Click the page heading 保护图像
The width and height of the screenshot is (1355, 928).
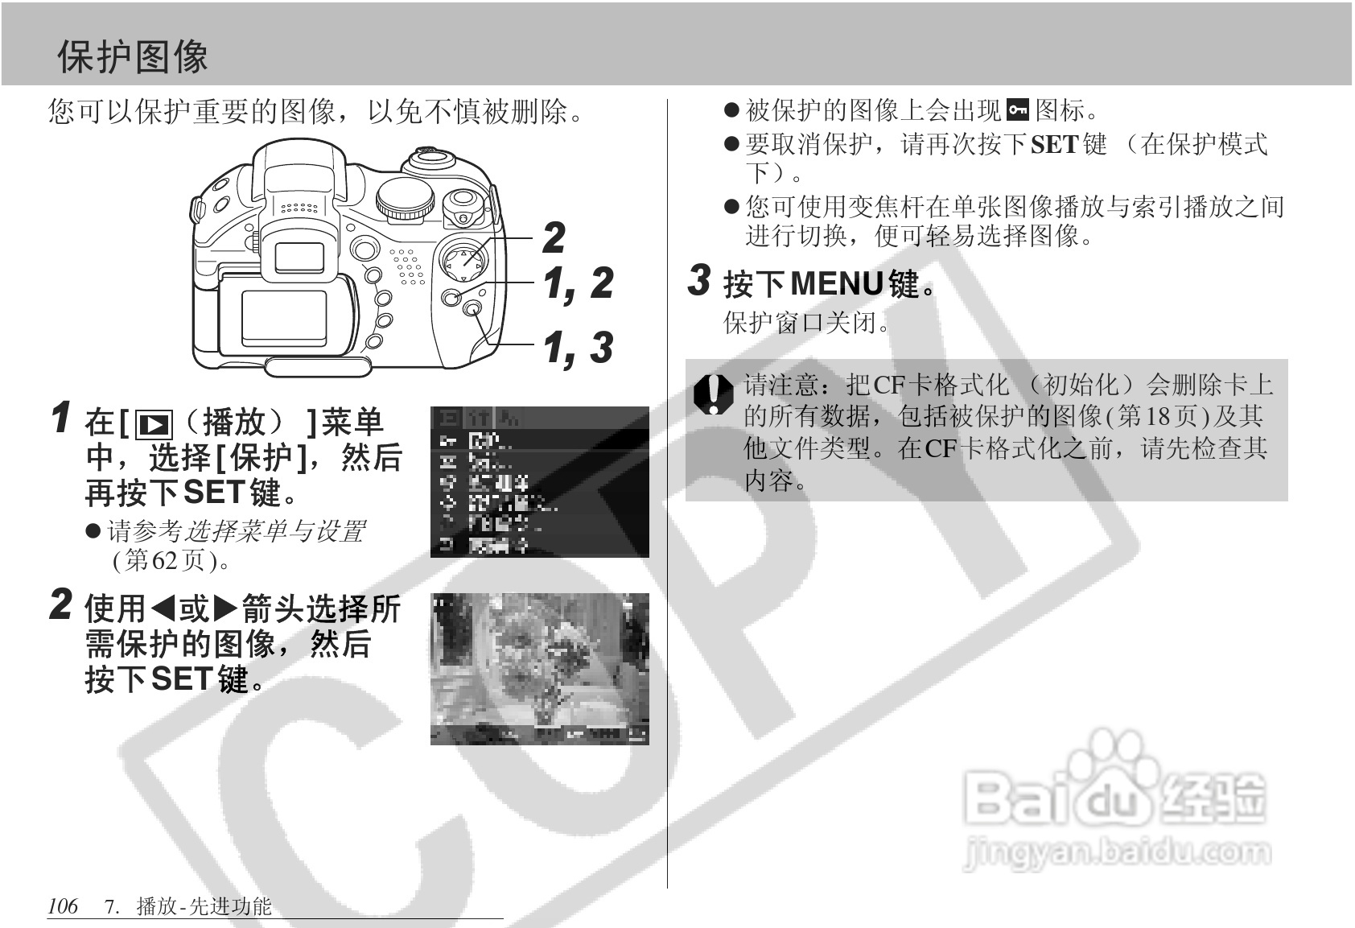coord(133,57)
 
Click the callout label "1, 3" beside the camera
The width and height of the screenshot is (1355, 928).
coord(577,348)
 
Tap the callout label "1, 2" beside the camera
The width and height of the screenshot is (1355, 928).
coord(577,283)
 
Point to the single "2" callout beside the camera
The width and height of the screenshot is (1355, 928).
coord(554,237)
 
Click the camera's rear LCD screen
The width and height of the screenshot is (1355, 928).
coord(284,318)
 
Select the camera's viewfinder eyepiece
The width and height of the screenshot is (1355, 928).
coord(299,256)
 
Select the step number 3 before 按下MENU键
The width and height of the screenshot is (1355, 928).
coord(700,280)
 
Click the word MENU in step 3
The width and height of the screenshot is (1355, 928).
coord(837,283)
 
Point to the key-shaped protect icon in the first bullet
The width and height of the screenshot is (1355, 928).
coord(1018,109)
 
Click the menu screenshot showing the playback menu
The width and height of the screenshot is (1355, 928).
coord(539,481)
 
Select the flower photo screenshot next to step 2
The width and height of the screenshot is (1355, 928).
coord(539,668)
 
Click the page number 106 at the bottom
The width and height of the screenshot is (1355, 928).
coord(63,906)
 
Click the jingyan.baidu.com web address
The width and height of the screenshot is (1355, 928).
coord(1117,852)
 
